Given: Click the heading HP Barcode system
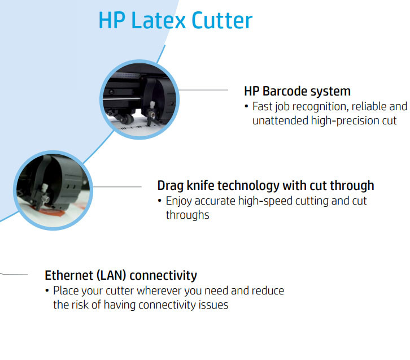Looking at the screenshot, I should click(x=297, y=91).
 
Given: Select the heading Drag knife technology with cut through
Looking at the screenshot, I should click(x=265, y=185).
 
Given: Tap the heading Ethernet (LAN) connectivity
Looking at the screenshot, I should click(x=121, y=275).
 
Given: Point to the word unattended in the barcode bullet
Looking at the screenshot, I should click(x=280, y=120).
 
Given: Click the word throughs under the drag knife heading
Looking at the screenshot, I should click(x=187, y=215).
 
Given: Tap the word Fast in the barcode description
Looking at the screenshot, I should click(x=261, y=106).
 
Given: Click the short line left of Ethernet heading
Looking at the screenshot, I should click(x=14, y=275).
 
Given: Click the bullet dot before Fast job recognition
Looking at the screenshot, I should click(x=246, y=107).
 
